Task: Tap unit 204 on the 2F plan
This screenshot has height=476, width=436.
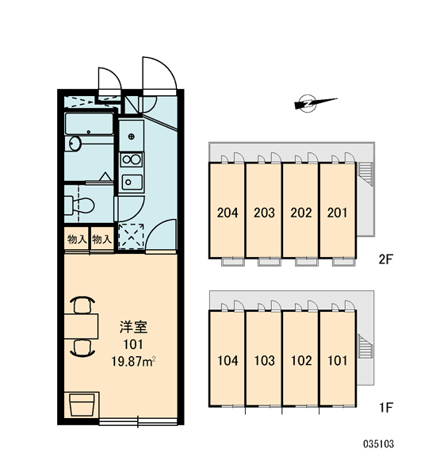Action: (x=228, y=211)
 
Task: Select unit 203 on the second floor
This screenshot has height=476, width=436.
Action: (x=264, y=211)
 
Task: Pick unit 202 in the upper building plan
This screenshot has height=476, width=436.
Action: (x=300, y=211)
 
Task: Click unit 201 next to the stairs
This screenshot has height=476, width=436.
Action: (x=338, y=211)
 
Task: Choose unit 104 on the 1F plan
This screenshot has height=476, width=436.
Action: (x=228, y=359)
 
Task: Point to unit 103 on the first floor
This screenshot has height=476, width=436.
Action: (x=264, y=359)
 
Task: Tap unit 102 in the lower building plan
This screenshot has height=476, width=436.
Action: (x=300, y=359)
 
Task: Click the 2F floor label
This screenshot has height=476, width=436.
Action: (x=385, y=259)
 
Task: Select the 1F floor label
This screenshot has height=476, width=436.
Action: (x=386, y=407)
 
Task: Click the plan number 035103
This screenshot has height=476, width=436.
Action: (x=379, y=444)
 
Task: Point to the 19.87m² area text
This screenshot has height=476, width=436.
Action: (x=133, y=362)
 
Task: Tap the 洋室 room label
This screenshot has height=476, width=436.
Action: (x=133, y=327)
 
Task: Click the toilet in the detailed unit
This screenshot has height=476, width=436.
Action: (x=79, y=205)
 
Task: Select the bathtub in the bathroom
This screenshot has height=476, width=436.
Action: (x=89, y=124)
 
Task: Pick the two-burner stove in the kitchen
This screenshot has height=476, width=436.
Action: (x=131, y=159)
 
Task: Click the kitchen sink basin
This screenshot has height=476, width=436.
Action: (x=132, y=182)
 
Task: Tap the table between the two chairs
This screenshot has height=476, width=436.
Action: (x=81, y=326)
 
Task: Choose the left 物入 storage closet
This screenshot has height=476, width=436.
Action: (x=76, y=240)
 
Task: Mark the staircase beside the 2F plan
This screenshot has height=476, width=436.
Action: (x=365, y=173)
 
